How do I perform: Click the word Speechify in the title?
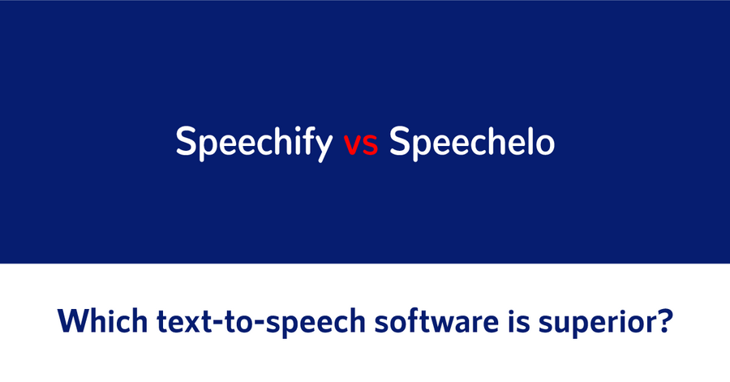point(254,143)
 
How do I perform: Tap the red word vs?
point(361,144)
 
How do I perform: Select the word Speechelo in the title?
point(471,141)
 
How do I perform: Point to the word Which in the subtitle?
point(102,320)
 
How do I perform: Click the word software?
point(436,320)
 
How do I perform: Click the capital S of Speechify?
point(187,141)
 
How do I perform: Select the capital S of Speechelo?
point(401,141)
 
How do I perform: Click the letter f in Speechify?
point(305,140)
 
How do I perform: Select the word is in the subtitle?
point(519,320)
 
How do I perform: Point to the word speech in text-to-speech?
point(316,323)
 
